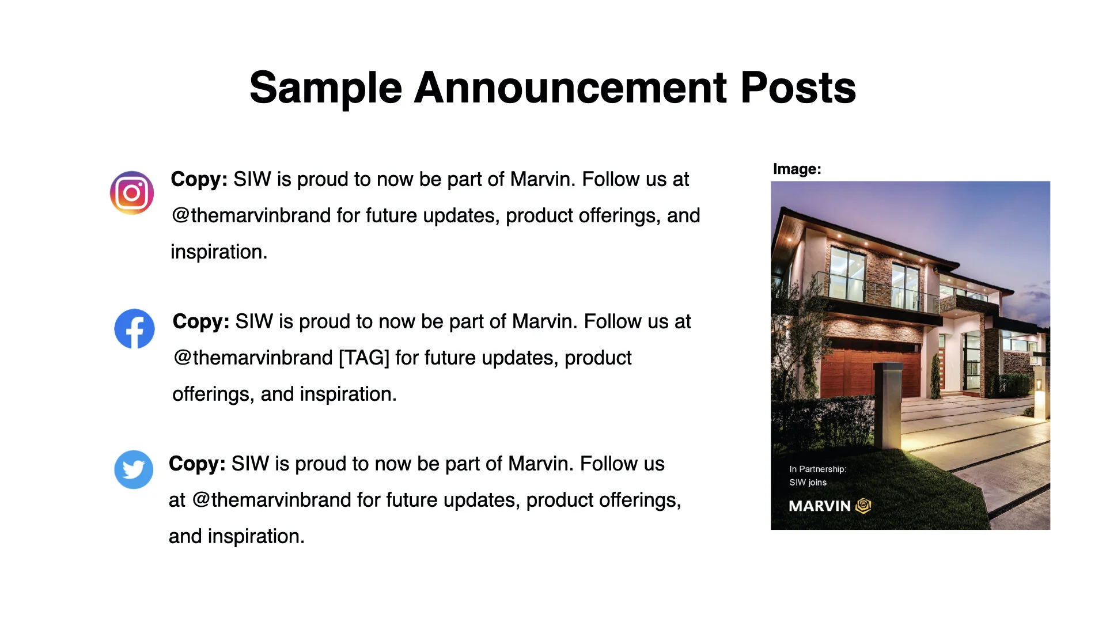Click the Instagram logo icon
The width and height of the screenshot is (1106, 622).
[132, 193]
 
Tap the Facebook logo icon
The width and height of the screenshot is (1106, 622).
[134, 329]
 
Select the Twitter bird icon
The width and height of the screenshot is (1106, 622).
[134, 469]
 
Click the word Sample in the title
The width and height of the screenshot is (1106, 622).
[325, 88]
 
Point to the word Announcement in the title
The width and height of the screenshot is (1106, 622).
[570, 88]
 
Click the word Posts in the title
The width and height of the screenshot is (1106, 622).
[798, 88]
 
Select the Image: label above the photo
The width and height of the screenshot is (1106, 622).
[797, 169]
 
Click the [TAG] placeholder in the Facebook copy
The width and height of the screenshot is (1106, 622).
[363, 358]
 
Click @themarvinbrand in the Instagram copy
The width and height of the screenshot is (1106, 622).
[251, 215]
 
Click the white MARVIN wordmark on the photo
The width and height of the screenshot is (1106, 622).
[819, 506]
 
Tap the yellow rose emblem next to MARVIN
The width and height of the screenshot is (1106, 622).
[863, 506]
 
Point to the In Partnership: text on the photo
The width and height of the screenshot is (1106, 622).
[817, 469]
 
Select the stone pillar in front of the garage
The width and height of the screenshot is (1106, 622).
[887, 403]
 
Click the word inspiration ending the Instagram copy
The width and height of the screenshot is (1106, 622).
[218, 252]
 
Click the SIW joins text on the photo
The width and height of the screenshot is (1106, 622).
[808, 483]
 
